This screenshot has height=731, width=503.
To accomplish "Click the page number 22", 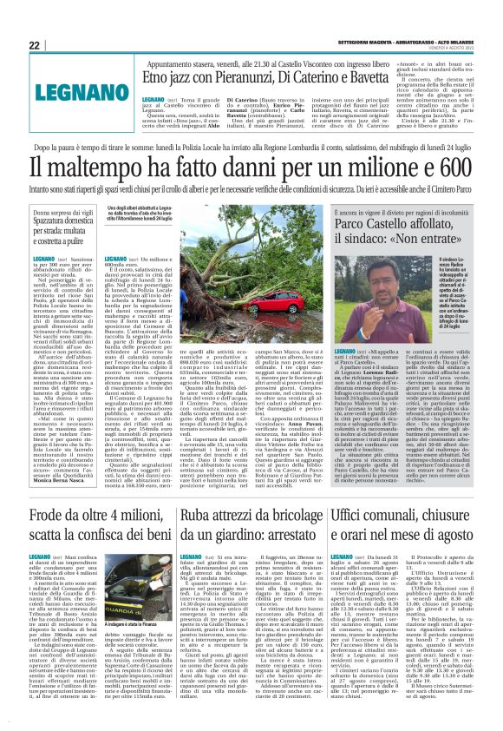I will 35,45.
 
